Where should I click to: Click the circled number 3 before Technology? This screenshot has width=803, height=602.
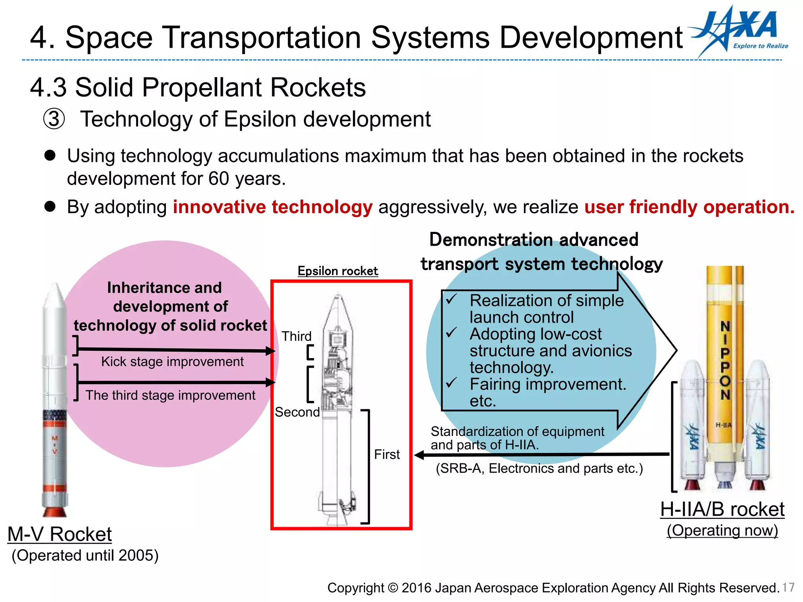(54, 119)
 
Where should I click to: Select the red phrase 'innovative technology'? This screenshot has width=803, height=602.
(273, 207)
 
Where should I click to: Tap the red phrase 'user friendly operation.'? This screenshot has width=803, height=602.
(689, 207)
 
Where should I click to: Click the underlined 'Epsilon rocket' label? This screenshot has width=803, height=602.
(338, 271)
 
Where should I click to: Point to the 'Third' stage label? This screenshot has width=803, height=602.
(296, 336)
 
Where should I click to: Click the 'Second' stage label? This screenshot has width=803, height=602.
(297, 412)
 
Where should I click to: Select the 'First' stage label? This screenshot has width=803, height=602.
(387, 454)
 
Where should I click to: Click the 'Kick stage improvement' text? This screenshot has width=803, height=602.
(172, 361)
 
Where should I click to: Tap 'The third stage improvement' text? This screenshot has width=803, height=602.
(170, 395)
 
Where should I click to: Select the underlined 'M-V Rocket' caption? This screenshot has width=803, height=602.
(60, 534)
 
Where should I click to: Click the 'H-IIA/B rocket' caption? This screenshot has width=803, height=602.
(722, 509)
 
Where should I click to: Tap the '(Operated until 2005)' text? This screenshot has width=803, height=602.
(85, 555)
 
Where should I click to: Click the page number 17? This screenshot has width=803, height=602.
(788, 587)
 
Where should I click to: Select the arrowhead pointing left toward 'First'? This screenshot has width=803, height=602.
(420, 455)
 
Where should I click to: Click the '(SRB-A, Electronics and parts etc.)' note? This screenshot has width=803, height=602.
(539, 468)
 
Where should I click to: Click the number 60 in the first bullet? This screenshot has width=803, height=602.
(218, 179)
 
